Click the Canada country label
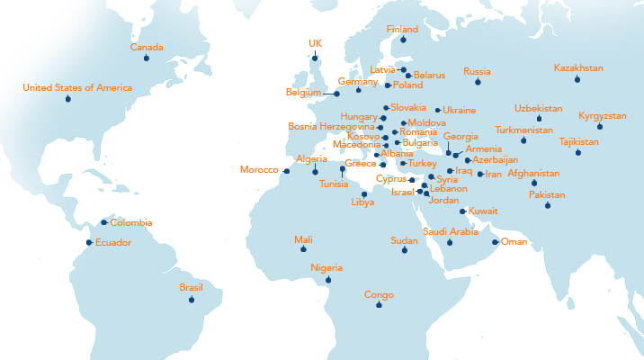[x=147, y=47]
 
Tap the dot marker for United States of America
[x=68, y=99]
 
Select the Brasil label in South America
[x=191, y=288]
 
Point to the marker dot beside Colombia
[x=104, y=222]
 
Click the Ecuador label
[x=114, y=243]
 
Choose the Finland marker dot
[x=403, y=40]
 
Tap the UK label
[x=315, y=43]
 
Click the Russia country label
[x=477, y=71]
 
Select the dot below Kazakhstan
[x=577, y=80]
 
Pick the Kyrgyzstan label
[x=603, y=116]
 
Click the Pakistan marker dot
[x=547, y=206]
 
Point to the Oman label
[x=514, y=241]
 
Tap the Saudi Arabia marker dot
[x=450, y=243]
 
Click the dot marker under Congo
[x=379, y=305]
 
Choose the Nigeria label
[x=327, y=268]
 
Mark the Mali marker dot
[x=304, y=249]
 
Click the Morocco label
[x=259, y=170]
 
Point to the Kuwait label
[x=483, y=211]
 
